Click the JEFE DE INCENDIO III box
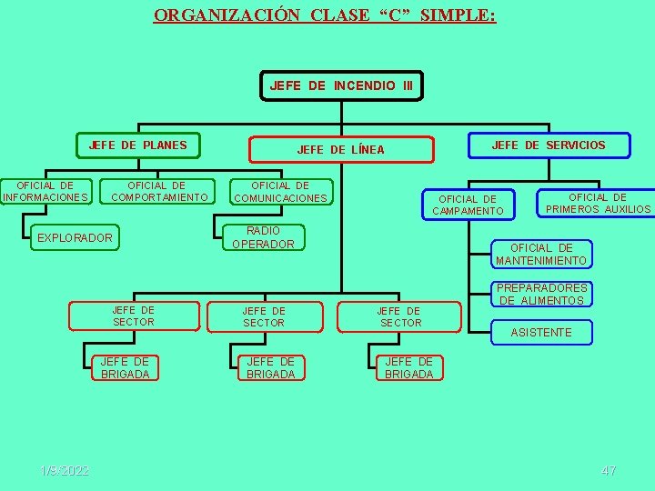pyautogui.click(x=341, y=86)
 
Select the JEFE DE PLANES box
pyautogui.click(x=137, y=145)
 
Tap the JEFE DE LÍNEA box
pyautogui.click(x=341, y=149)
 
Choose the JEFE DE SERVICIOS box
pyautogui.click(x=548, y=145)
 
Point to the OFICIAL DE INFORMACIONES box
pyautogui.click(x=45, y=192)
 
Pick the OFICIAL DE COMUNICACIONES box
pyautogui.click(x=280, y=192)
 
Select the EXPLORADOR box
pyautogui.click(x=75, y=238)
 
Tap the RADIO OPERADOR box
pyautogui.click(x=264, y=237)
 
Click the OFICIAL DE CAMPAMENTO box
pyautogui.click(x=468, y=205)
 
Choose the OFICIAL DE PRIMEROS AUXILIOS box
pyautogui.click(x=597, y=204)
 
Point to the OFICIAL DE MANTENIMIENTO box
pyautogui.click(x=541, y=255)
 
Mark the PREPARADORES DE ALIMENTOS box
pyautogui.click(x=541, y=295)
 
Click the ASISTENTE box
pyautogui.click(x=541, y=333)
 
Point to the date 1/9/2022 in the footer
pyautogui.click(x=65, y=470)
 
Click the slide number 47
pyautogui.click(x=609, y=470)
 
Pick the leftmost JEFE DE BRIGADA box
pyautogui.click(x=126, y=368)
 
